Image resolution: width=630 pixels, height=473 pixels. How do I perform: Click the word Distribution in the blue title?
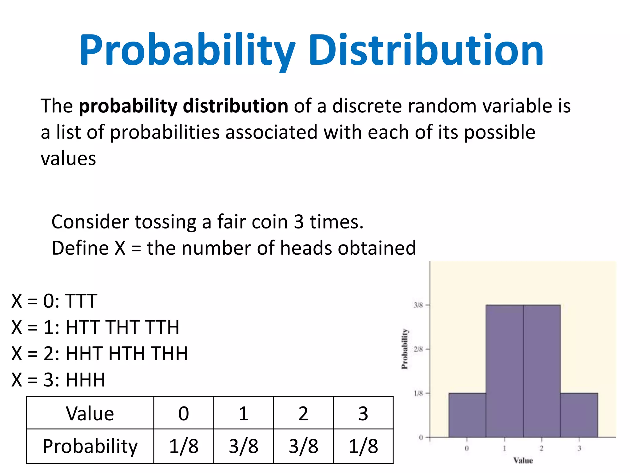click(426, 50)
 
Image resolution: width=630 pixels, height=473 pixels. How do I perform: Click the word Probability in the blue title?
click(187, 50)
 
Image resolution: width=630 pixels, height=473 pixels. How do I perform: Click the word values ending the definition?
click(68, 159)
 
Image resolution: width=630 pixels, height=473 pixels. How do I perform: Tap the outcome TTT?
click(81, 301)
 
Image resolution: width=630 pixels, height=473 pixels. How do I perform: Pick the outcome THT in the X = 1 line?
click(122, 327)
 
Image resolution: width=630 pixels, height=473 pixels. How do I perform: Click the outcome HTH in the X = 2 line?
click(126, 354)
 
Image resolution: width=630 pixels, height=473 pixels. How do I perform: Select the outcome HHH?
click(86, 380)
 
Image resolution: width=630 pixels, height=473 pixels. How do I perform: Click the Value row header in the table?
click(90, 413)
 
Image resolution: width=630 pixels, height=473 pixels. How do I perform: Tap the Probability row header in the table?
click(90, 446)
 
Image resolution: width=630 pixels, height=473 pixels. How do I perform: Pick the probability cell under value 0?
click(184, 446)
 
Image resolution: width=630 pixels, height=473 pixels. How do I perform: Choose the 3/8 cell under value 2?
click(303, 446)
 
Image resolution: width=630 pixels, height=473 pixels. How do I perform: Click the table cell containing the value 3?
click(363, 413)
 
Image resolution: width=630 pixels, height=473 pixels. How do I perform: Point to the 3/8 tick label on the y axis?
click(418, 305)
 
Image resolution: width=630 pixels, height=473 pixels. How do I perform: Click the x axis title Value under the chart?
click(523, 461)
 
